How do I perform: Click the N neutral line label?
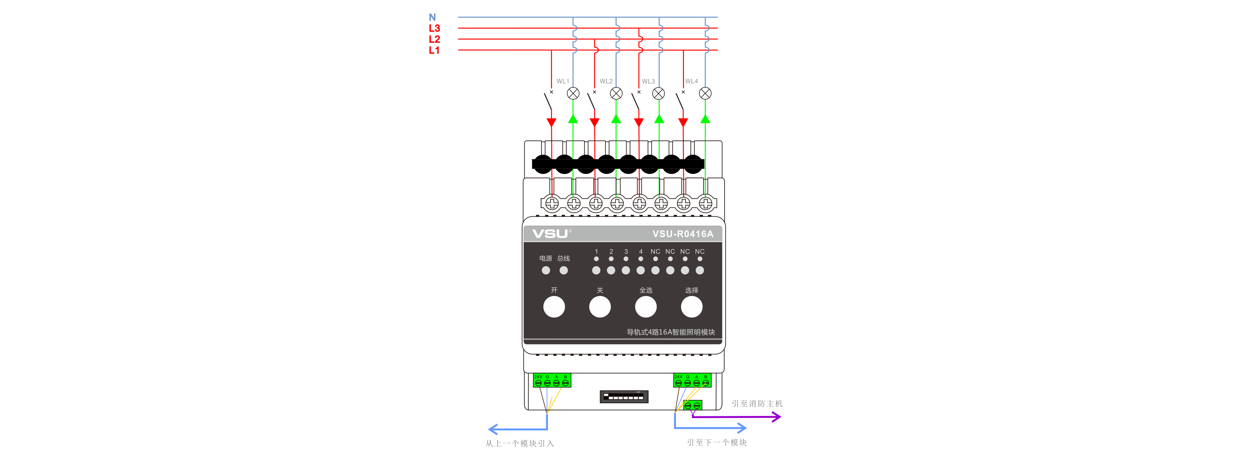coord(432,17)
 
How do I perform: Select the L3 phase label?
coord(434,28)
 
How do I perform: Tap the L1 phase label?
coord(434,50)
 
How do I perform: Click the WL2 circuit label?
coord(606,81)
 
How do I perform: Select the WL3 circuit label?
coord(648,81)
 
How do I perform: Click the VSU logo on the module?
coord(550,234)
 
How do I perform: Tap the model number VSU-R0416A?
coord(683,234)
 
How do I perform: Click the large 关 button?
coord(600,307)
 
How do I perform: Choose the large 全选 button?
coord(646,307)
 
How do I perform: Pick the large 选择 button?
coord(692,307)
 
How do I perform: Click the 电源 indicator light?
coord(546,270)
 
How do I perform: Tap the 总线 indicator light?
coord(564,270)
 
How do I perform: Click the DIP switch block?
coord(624,397)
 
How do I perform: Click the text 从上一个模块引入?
coord(520,444)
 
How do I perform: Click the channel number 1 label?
coord(597,251)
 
